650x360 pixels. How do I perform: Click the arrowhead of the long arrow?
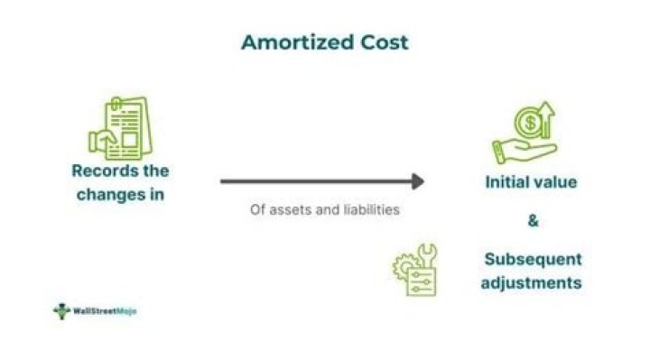pyautogui.click(x=417, y=180)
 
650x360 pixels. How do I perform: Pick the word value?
pyautogui.click(x=558, y=181)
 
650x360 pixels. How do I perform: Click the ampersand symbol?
pyautogui.click(x=532, y=219)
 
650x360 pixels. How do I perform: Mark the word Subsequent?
pyautogui.click(x=533, y=259)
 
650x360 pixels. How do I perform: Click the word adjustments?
pyautogui.click(x=532, y=282)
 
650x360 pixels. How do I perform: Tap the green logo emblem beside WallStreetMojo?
pyautogui.click(x=61, y=311)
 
